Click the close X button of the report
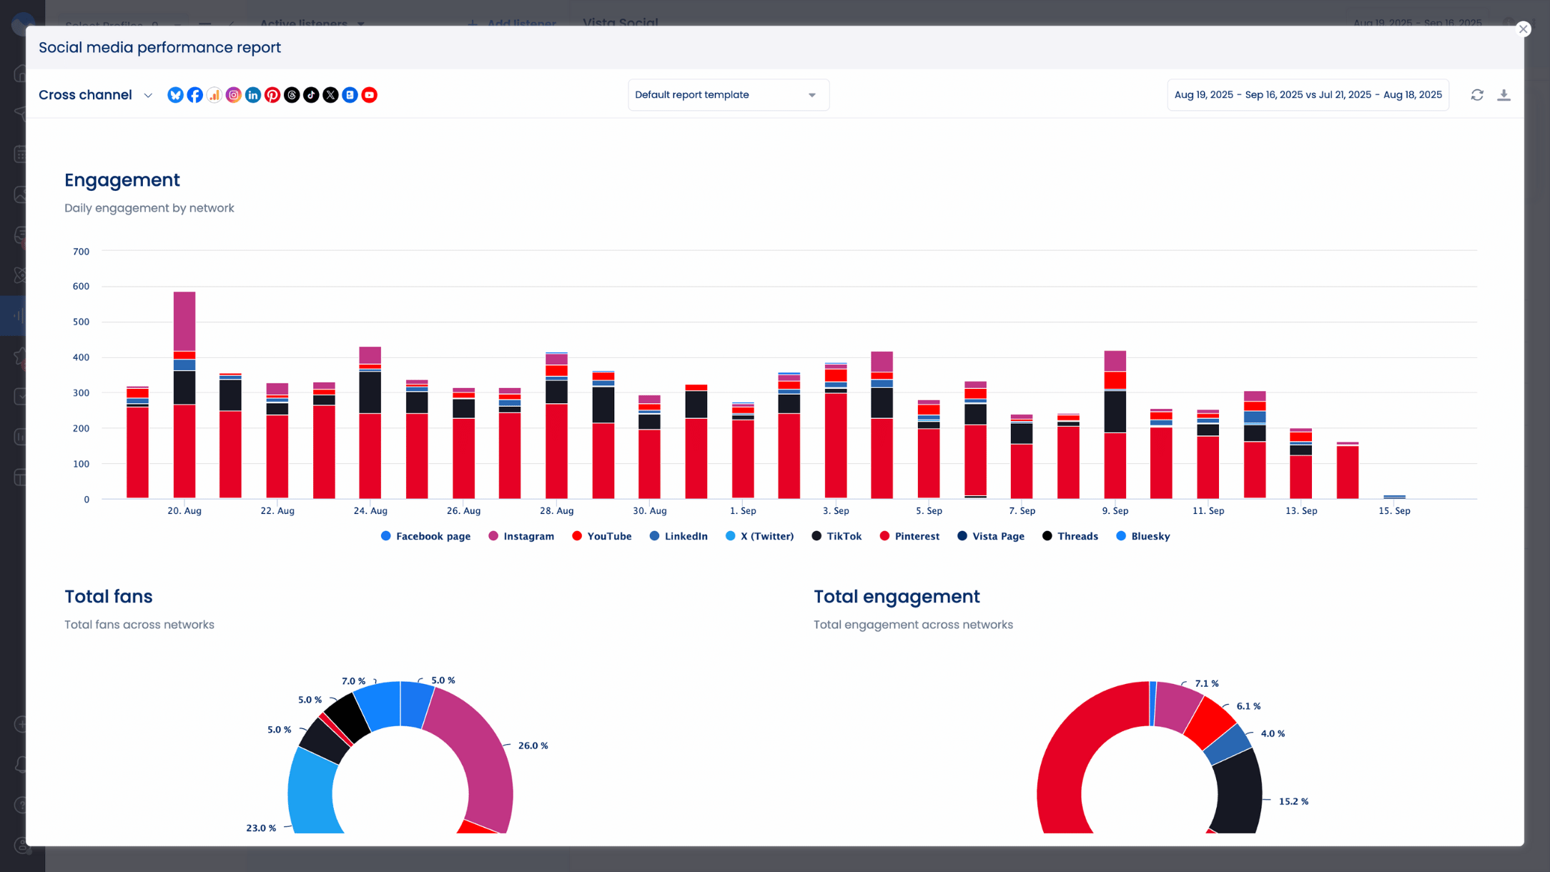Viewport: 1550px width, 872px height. click(1523, 29)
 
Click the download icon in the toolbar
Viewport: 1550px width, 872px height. click(1504, 95)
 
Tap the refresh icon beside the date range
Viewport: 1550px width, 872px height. click(1477, 95)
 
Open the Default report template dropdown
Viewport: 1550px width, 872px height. click(728, 95)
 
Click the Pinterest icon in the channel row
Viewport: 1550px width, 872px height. click(272, 95)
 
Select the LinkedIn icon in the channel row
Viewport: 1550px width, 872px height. click(253, 95)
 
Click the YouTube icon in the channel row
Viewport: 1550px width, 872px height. click(369, 95)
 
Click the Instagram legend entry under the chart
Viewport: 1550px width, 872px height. click(521, 536)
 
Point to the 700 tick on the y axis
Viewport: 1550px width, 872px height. click(81, 252)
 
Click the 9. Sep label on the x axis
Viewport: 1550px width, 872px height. click(1115, 510)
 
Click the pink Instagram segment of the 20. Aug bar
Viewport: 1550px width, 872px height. click(184, 322)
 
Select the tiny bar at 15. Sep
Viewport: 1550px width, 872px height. click(1394, 496)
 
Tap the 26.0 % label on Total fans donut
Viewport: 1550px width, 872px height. click(533, 745)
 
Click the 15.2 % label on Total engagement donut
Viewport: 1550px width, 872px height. click(1293, 801)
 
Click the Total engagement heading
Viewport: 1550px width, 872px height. click(896, 596)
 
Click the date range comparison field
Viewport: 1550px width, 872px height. click(1308, 95)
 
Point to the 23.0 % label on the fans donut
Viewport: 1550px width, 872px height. click(261, 828)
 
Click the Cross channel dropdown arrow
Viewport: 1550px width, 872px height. click(148, 95)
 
